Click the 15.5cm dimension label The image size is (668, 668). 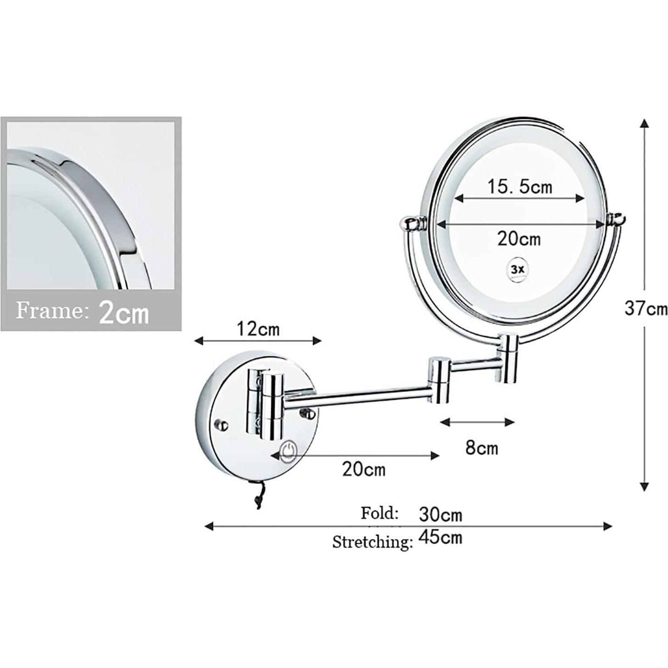(x=519, y=187)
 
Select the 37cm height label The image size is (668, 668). (x=646, y=308)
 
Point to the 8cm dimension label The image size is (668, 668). (x=481, y=448)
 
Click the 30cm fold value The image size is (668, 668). (x=440, y=515)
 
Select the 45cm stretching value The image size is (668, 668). (x=440, y=537)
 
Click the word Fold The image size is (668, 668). (x=379, y=513)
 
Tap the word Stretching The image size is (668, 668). (x=372, y=542)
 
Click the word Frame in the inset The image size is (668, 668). (x=51, y=311)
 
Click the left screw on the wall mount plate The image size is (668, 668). (x=222, y=425)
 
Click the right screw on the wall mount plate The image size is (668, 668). (x=308, y=414)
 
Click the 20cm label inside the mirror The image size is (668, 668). (x=519, y=239)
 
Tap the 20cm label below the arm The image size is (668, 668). (x=364, y=469)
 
